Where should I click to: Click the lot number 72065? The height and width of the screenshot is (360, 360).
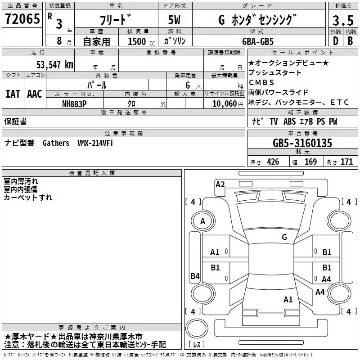pos(22,19)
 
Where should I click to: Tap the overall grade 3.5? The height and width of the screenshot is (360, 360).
pos(343,20)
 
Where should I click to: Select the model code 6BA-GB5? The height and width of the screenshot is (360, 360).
pos(258,41)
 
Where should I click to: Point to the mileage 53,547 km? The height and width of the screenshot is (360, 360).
pos(55,65)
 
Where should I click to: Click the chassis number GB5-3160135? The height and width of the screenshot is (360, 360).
pos(302,143)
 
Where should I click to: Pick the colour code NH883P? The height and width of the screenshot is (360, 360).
pos(74,104)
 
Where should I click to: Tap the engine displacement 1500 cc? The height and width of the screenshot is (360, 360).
pos(141,41)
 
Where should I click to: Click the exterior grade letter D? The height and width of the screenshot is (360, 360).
pos(336,41)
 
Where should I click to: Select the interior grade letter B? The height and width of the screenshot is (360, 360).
pos(350,41)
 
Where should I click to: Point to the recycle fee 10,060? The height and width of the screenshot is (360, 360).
pos(225,104)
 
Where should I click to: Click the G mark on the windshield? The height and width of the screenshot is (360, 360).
pos(284,237)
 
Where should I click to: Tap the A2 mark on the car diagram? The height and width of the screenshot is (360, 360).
pos(220,184)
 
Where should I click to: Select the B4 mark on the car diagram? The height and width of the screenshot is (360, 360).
pos(195,276)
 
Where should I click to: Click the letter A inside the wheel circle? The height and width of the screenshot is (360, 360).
pos(202,221)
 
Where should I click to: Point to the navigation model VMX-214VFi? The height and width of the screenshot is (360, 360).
pos(95,143)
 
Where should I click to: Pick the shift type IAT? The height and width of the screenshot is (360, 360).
pos(13,94)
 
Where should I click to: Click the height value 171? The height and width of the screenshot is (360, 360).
pos(346,162)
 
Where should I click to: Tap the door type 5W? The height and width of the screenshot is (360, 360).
pos(174,20)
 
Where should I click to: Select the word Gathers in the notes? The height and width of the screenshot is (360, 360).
pos(56,143)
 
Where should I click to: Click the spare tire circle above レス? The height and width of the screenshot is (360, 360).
pos(197,328)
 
